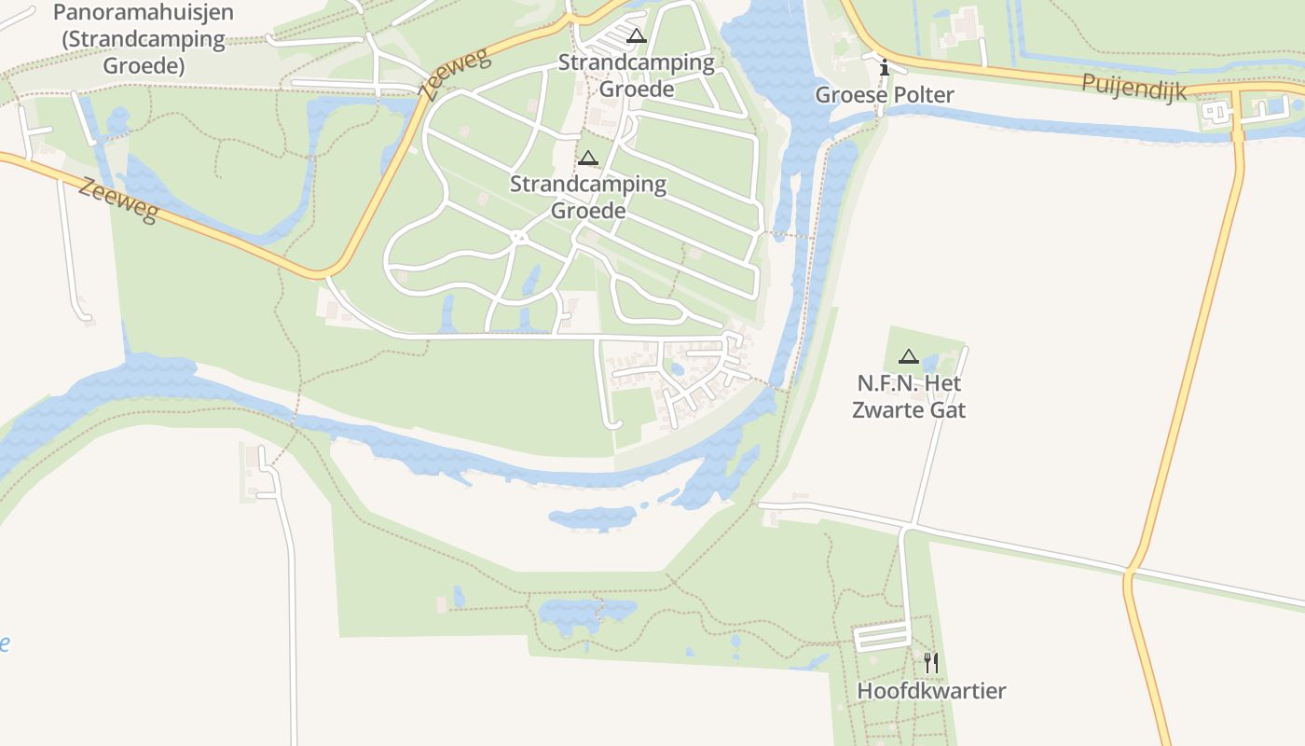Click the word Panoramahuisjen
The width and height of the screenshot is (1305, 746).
(x=144, y=13)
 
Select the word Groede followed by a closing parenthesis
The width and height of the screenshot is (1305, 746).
(x=144, y=66)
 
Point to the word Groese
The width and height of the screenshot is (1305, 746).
(x=848, y=95)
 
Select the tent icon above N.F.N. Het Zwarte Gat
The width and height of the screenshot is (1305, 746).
(x=909, y=356)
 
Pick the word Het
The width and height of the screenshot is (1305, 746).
(x=942, y=383)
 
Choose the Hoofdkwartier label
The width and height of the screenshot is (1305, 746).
(x=931, y=691)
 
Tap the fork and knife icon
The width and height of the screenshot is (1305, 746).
(x=931, y=663)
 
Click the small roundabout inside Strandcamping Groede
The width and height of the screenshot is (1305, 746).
(x=519, y=237)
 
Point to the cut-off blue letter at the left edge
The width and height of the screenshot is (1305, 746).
(x=4, y=642)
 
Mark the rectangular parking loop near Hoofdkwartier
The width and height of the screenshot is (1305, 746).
(x=882, y=637)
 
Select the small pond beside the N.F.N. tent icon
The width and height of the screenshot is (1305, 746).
(x=930, y=364)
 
